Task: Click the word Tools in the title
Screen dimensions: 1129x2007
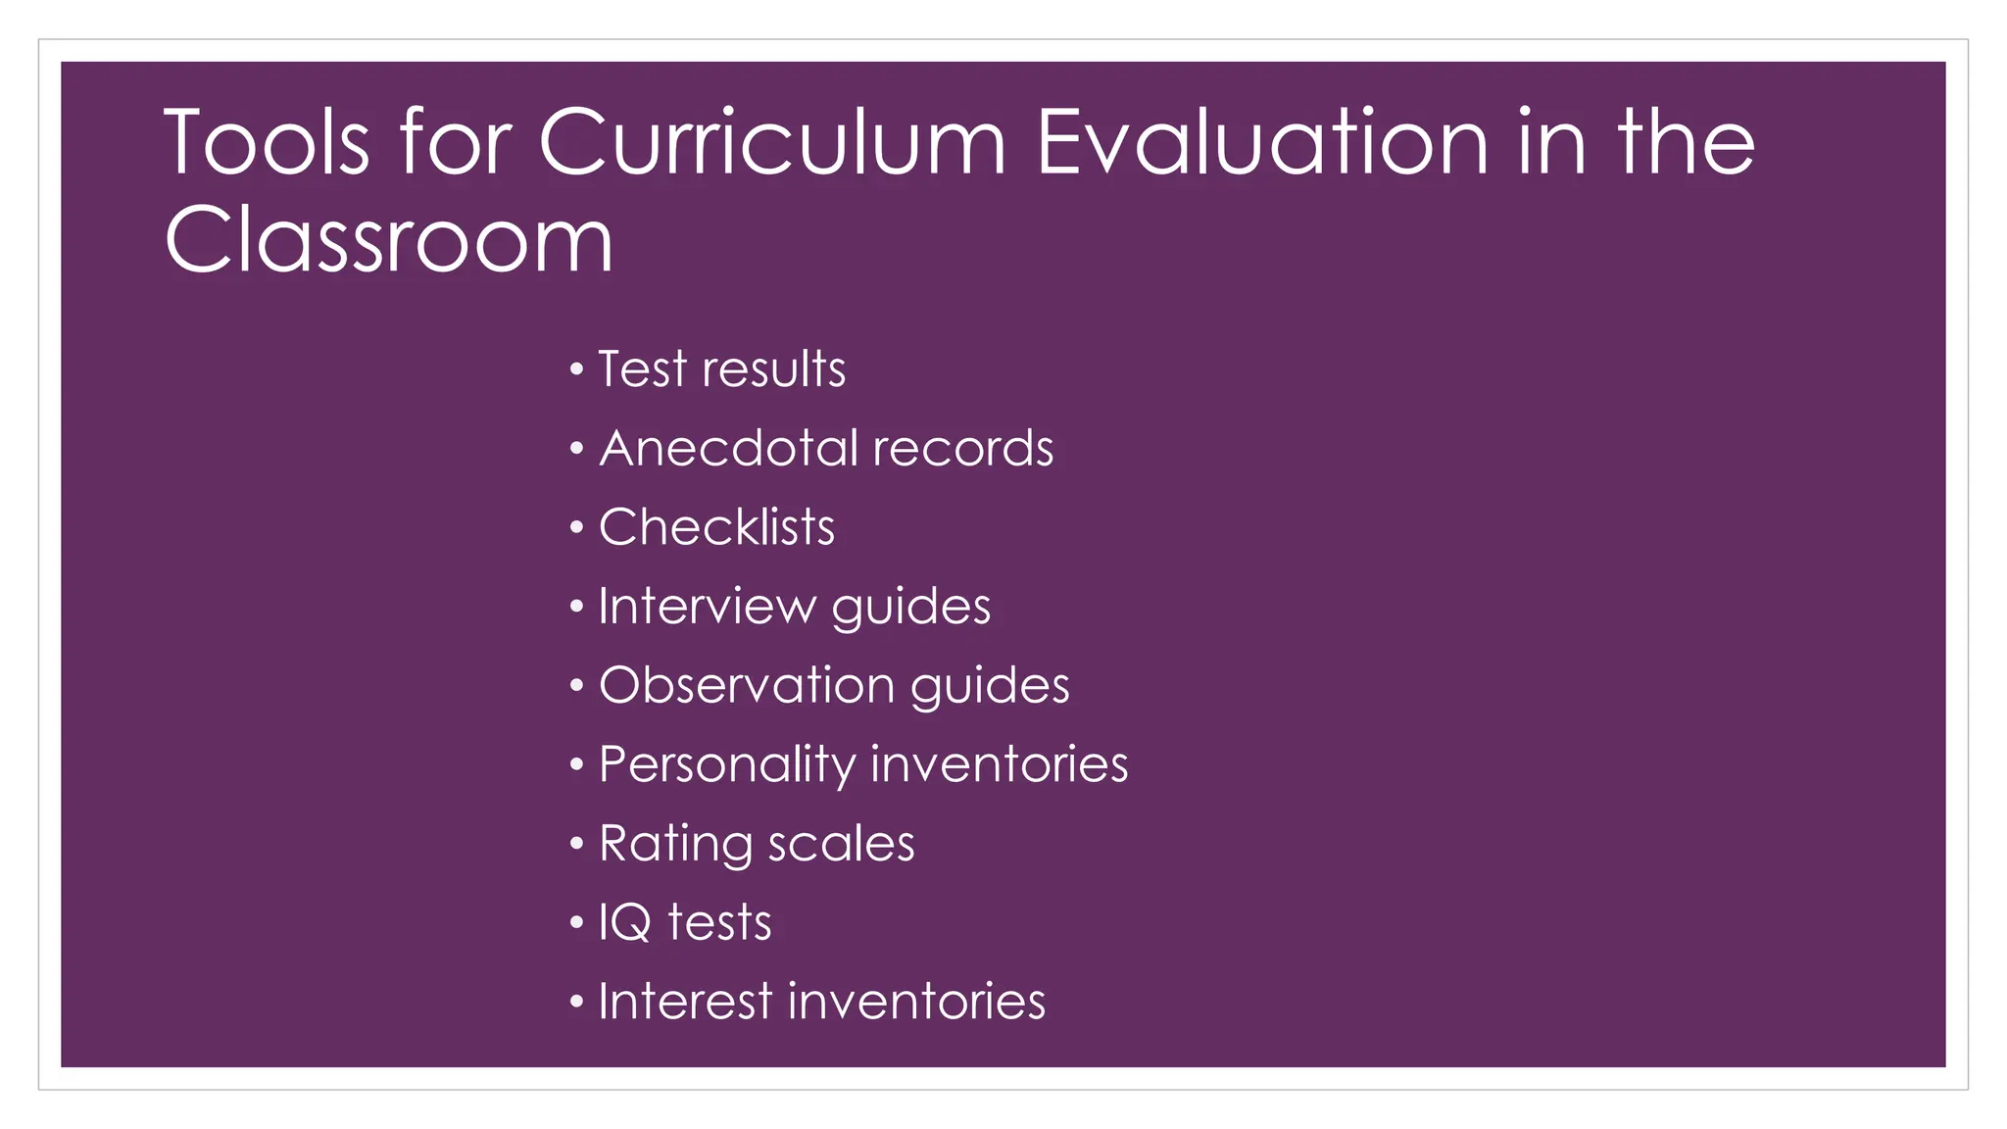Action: click(267, 143)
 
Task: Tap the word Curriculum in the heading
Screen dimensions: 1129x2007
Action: click(772, 143)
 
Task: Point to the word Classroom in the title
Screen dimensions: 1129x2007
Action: click(389, 240)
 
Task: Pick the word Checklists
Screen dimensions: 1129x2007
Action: click(716, 527)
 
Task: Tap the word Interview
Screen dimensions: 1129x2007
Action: click(707, 607)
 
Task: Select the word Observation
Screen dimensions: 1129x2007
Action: click(746, 685)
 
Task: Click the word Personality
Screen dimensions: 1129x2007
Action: click(726, 765)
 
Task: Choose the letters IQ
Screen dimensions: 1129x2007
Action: click(624, 923)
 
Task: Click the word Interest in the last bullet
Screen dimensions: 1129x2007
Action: click(685, 1002)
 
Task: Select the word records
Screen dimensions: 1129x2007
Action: click(962, 449)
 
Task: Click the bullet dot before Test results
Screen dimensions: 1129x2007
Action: click(576, 370)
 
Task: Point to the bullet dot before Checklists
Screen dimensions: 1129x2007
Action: click(576, 528)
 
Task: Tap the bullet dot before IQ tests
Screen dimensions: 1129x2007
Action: click(576, 923)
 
